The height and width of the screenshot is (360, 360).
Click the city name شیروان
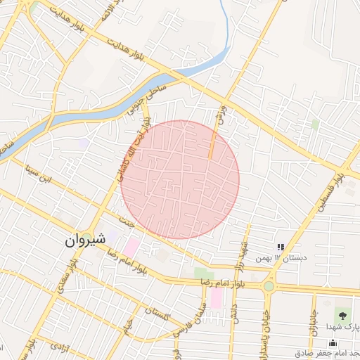(86, 239)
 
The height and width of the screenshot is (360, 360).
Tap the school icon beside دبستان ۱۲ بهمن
(281, 247)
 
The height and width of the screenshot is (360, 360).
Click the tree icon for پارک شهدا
(342, 314)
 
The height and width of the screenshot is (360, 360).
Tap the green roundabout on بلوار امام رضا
(268, 286)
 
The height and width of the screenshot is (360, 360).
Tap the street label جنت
(127, 222)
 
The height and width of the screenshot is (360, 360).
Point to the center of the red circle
(180, 179)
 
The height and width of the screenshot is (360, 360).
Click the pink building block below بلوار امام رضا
(216, 298)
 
